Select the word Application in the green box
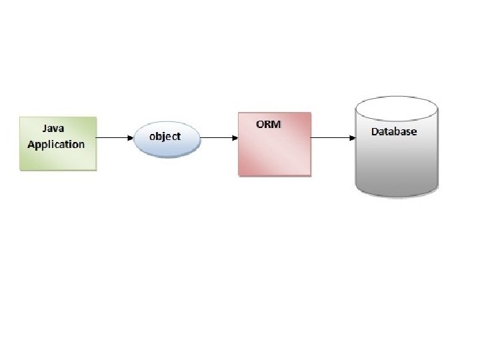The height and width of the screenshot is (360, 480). tap(56, 144)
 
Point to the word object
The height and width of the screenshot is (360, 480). tap(165, 136)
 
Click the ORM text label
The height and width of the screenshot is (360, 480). tap(269, 125)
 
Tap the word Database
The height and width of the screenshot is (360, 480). tap(394, 131)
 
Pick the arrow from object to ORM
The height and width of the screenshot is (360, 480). tap(219, 138)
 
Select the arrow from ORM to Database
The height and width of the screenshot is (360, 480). tap(332, 138)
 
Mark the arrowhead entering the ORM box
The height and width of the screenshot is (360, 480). tap(235, 138)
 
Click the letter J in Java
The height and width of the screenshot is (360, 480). tap(45, 127)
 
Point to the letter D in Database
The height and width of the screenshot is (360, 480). tap(375, 131)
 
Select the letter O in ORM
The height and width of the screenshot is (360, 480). tap(260, 125)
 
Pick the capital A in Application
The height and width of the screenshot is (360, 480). tap(31, 144)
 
